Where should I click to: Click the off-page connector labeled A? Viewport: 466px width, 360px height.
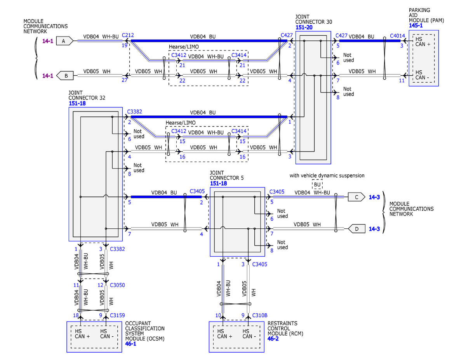pos(64,41)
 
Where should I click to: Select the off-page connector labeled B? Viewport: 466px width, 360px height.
pos(65,75)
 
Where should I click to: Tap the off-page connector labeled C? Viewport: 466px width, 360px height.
pos(356,197)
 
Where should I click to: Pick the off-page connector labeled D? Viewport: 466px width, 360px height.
pos(356,229)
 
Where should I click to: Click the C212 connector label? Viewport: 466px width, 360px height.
pos(128,35)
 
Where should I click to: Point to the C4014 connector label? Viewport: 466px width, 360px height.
pos(397,36)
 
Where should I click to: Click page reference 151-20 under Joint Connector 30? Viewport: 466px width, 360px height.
pos(304,28)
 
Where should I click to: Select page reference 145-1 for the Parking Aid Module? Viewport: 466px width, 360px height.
pos(416,26)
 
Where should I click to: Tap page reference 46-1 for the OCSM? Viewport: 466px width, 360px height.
pos(130,344)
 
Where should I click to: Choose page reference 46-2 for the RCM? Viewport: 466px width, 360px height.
pos(273,339)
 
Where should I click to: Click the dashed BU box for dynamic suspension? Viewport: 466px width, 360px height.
pos(317,184)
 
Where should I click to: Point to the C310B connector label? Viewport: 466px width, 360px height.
pos(260,315)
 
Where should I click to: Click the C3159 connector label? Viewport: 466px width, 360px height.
pos(117,315)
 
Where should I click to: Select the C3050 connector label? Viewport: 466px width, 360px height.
pos(117,285)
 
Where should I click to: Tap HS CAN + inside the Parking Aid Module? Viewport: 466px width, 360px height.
pos(423,42)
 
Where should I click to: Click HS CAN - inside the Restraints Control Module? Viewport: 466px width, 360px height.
pos(249,334)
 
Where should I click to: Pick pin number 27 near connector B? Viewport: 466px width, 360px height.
pos(125,80)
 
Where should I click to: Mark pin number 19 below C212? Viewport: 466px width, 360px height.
pos(125,45)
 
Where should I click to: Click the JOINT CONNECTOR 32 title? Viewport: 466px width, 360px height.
pos(87,96)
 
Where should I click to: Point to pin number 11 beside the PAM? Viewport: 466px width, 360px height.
pos(402,81)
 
